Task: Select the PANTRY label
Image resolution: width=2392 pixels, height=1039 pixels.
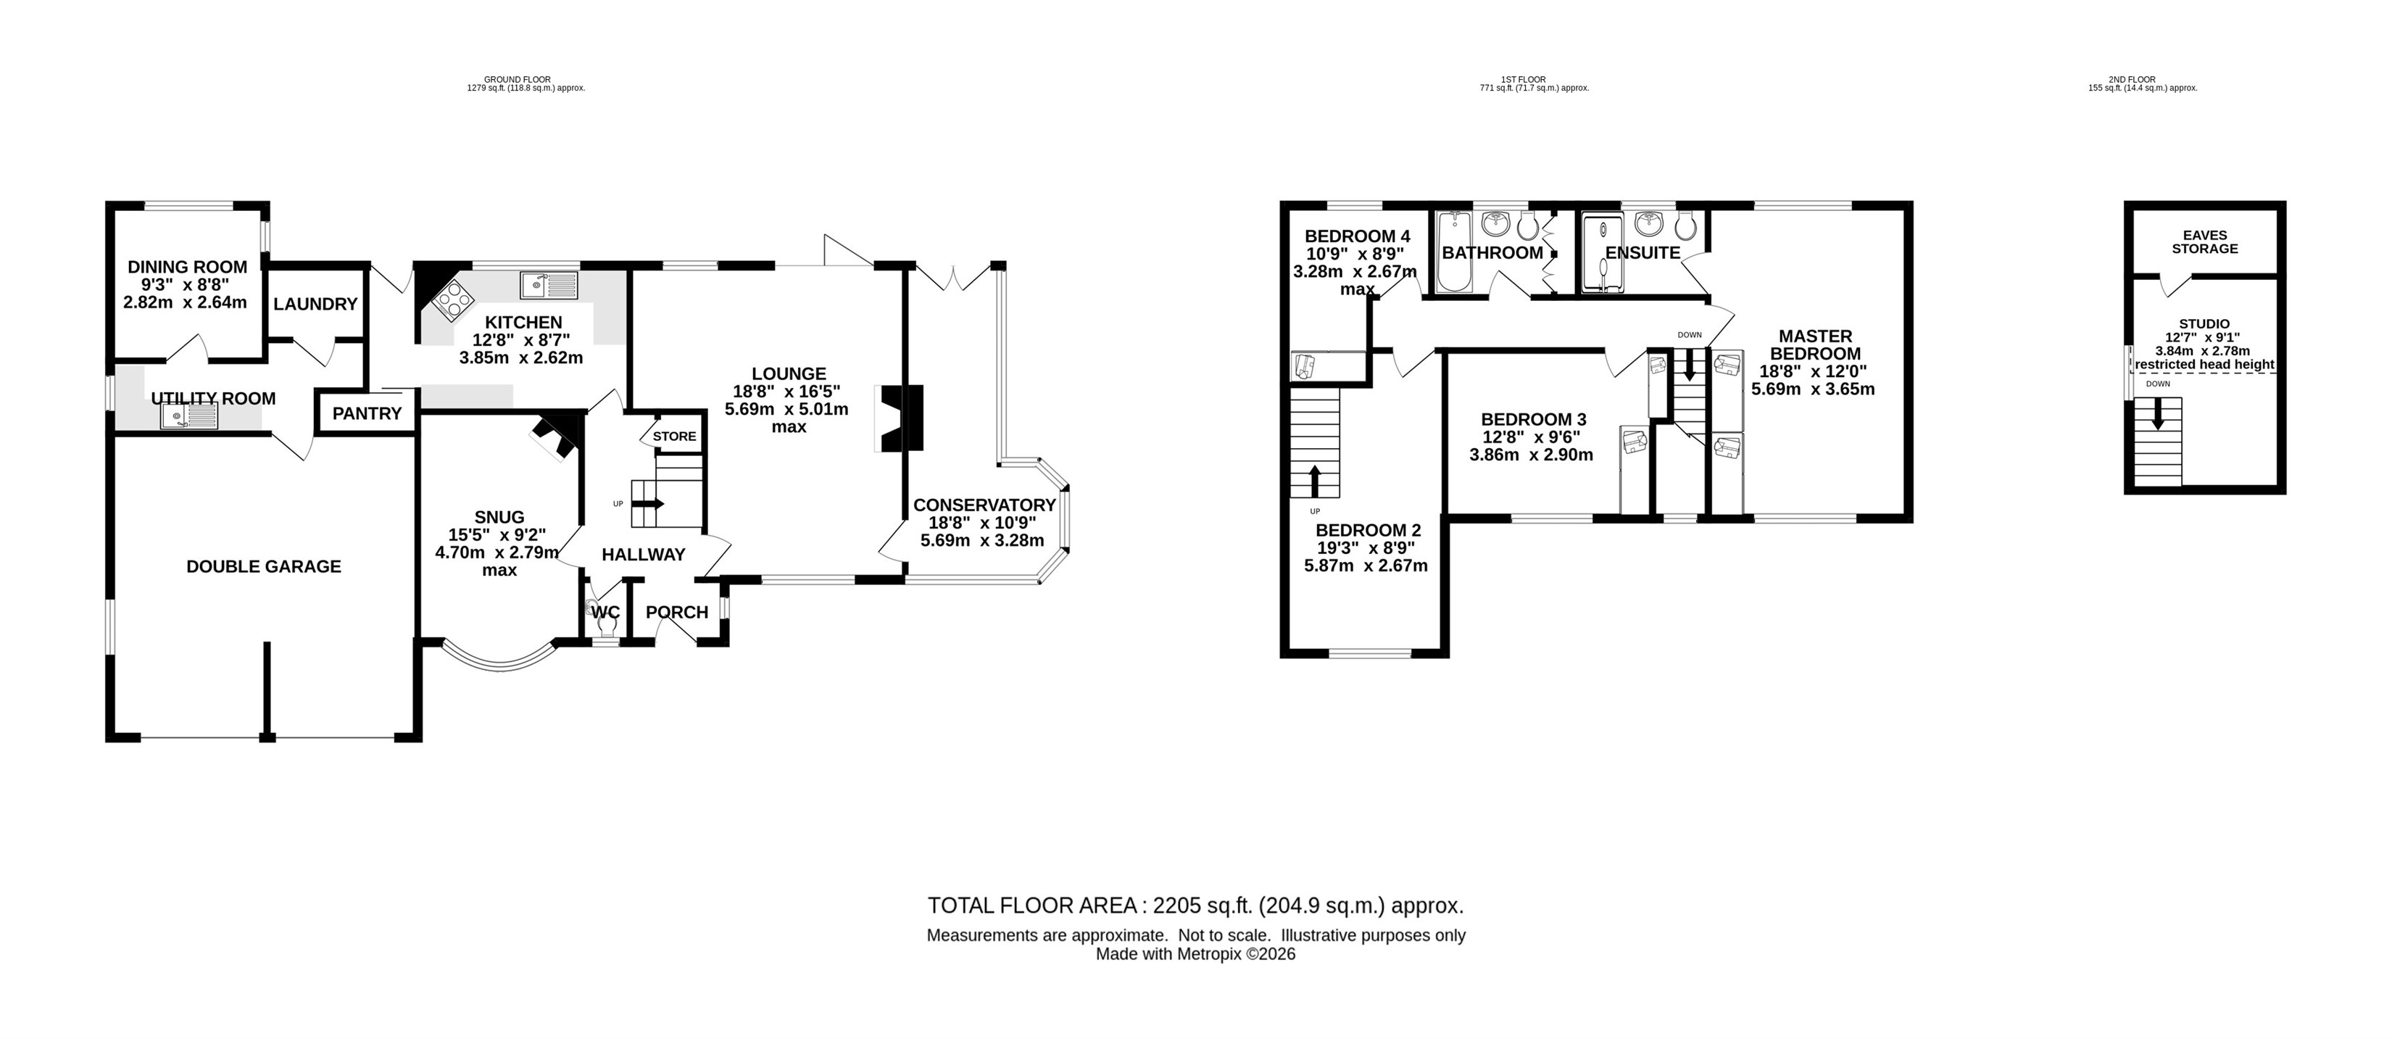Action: (367, 413)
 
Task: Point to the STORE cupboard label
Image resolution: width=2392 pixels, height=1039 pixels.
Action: (674, 436)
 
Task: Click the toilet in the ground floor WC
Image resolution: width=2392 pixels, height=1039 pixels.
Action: (608, 625)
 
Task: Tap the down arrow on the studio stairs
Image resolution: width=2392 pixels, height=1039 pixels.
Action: (2158, 413)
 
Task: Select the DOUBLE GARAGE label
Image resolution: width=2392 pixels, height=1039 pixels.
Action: (264, 566)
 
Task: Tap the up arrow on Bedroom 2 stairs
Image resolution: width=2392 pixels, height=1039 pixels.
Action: (1315, 481)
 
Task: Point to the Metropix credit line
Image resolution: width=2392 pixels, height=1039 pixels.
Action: (1195, 953)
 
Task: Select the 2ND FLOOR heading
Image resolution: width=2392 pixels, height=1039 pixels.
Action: (2142, 80)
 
